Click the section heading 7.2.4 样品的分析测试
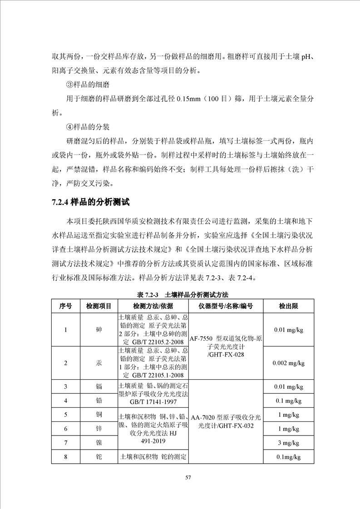pyautogui.click(x=91, y=202)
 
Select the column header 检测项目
pyautogui.click(x=99, y=306)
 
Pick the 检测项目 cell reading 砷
pyautogui.click(x=99, y=330)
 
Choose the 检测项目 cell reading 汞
pyautogui.click(x=99, y=363)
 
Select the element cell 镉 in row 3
pyautogui.click(x=99, y=387)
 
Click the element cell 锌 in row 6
pyautogui.click(x=99, y=428)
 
